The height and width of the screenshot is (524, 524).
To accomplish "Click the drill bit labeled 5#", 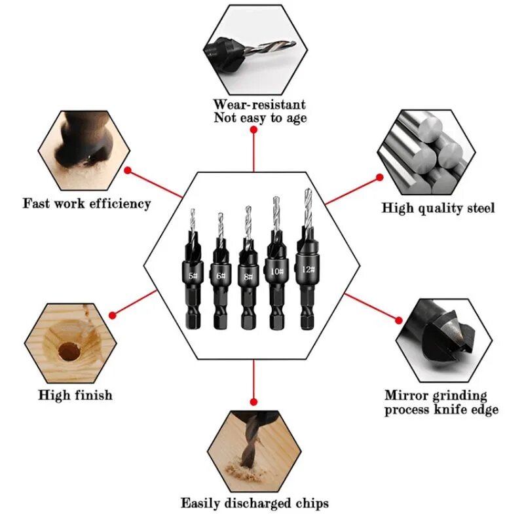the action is [x=192, y=275].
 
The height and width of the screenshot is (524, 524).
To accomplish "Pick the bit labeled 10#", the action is [x=276, y=271].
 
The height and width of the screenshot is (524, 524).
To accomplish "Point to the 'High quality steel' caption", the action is [x=438, y=208].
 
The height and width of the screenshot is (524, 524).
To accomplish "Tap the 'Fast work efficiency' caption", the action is [x=87, y=203].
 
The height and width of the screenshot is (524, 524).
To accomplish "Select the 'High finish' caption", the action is [x=75, y=395].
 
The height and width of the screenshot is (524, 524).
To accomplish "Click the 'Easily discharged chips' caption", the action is [x=255, y=503].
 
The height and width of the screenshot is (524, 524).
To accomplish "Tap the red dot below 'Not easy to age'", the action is [x=253, y=130].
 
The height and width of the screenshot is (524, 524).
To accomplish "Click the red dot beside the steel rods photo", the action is [x=379, y=177].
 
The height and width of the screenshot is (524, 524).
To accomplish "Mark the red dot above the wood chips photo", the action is [x=253, y=401].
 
